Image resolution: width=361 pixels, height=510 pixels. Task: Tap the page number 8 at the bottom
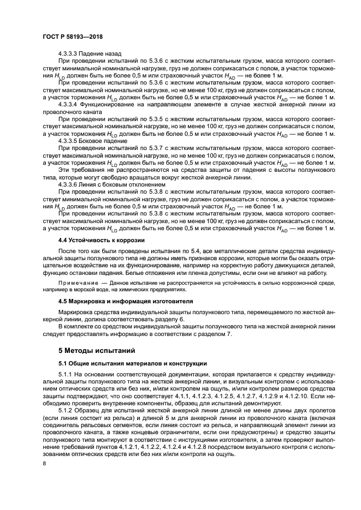coord(45,463)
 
